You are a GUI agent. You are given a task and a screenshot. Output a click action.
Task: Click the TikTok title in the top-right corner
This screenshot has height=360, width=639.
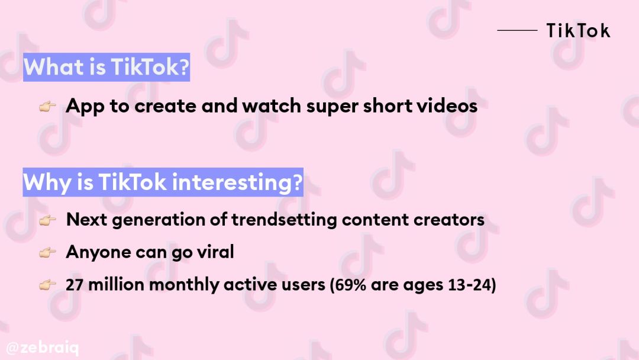point(578,31)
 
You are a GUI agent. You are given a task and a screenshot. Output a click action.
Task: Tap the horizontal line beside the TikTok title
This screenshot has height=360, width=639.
point(517,30)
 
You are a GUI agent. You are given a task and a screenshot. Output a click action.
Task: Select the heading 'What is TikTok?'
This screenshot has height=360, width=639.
point(106,67)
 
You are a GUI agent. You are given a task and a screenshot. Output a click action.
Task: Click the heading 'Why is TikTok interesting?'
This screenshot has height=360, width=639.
point(163,182)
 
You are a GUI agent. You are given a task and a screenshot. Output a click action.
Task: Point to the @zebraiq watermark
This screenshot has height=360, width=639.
point(43,348)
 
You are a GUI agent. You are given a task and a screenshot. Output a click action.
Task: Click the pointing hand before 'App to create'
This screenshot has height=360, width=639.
point(47,107)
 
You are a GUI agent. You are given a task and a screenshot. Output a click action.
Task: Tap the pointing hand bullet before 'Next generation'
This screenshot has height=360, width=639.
point(47,220)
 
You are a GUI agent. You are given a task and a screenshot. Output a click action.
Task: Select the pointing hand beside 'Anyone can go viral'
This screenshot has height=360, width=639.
point(47,253)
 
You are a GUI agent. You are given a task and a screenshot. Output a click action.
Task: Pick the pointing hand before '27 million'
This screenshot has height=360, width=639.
point(47,285)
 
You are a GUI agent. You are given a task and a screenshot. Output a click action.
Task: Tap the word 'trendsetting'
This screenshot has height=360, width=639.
point(284,220)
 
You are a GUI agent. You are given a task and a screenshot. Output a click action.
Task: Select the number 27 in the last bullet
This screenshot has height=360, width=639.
point(75,285)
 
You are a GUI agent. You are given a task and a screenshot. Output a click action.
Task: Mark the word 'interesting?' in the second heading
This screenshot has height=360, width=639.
point(237,182)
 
